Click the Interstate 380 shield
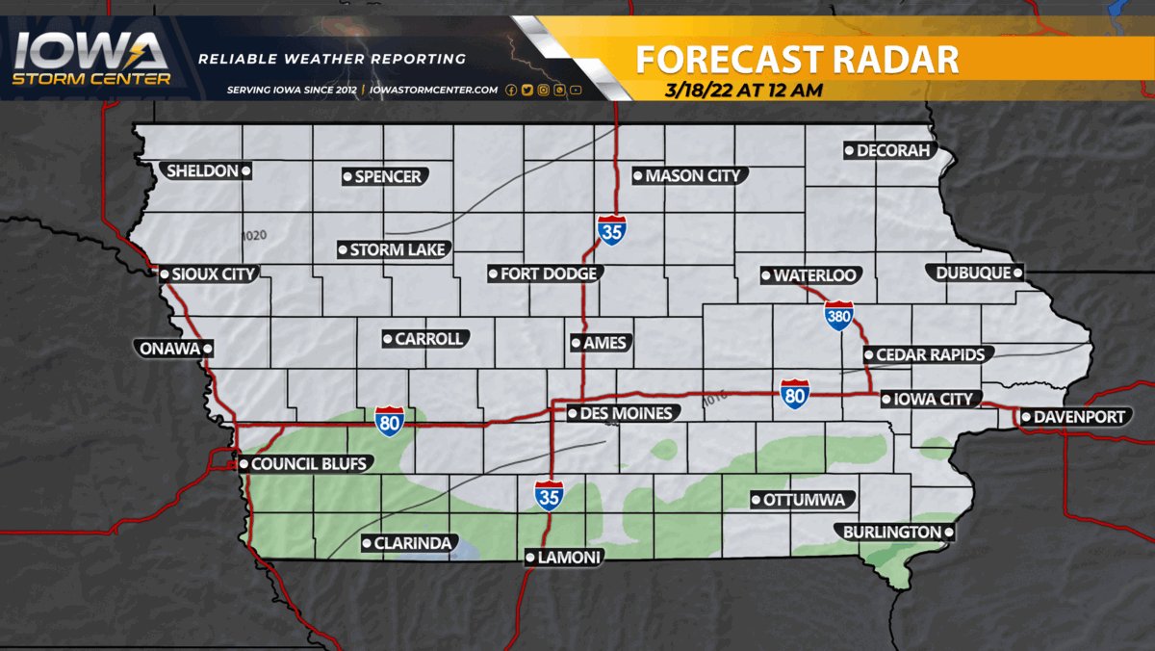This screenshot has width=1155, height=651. coord(838,316)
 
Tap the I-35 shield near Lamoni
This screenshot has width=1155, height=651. coord(549,495)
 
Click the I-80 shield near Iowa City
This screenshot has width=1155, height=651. coord(794,394)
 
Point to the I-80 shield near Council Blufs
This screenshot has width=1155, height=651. coord(390,422)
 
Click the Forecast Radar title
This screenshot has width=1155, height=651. coord(797,60)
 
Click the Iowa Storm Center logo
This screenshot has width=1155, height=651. coord(91,60)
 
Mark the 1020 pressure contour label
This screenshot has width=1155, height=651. coord(254,235)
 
